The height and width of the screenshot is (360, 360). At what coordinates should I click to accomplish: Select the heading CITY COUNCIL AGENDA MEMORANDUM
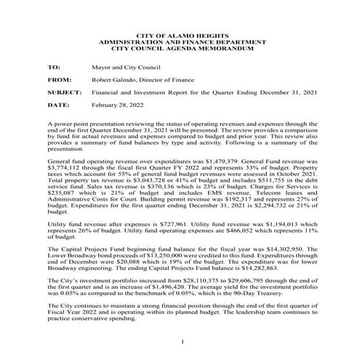click(179, 48)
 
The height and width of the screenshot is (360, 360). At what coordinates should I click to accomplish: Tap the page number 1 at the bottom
click(179, 340)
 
